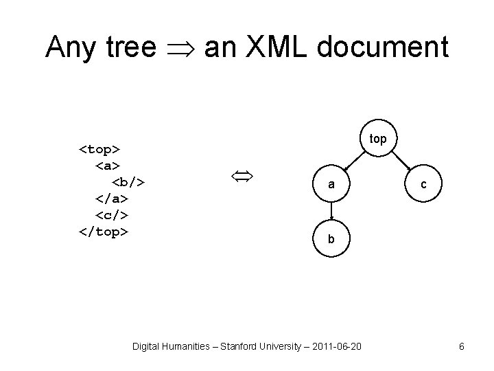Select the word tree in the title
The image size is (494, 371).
[131, 47]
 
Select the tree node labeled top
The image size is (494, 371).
[378, 139]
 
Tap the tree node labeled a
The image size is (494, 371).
[331, 185]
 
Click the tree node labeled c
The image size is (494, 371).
[424, 184]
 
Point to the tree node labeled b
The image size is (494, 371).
[331, 239]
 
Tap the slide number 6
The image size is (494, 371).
[462, 347]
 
